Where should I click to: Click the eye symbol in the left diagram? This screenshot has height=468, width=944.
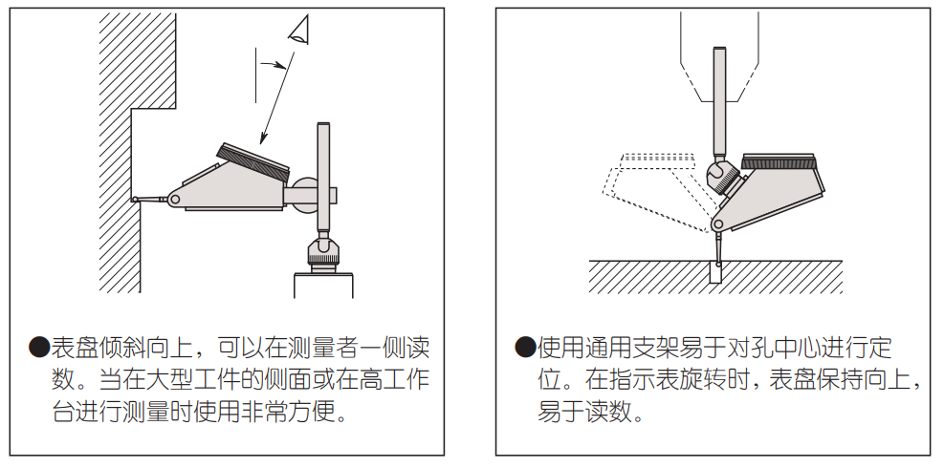click(300, 32)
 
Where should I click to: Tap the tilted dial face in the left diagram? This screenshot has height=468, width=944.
click(253, 159)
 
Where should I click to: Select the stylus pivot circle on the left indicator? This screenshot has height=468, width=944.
click(174, 200)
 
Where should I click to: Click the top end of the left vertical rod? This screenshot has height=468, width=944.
click(323, 126)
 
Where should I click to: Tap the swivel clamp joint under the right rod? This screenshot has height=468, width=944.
click(718, 176)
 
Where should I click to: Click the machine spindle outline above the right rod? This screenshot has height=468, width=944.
click(717, 57)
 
